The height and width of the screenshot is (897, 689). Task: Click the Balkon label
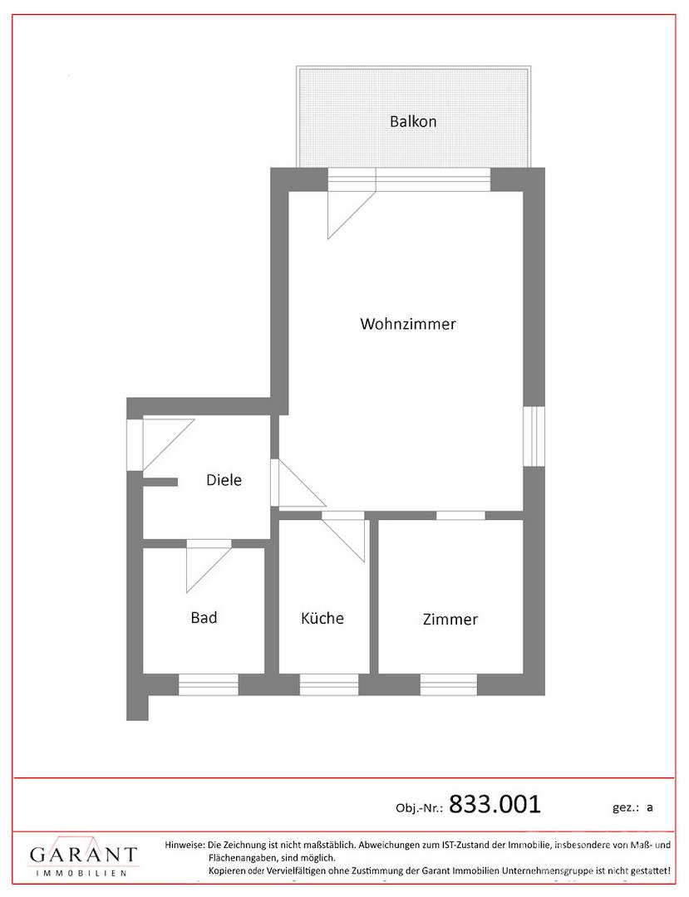tap(413, 121)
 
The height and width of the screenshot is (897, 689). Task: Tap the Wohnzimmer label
tap(408, 324)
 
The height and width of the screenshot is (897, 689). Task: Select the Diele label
tap(224, 480)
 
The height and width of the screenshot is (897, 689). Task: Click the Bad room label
tap(204, 618)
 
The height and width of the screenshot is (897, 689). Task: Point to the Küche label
tap(322, 618)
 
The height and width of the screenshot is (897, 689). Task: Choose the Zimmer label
tap(450, 619)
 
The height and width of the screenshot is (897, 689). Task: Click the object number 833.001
tap(495, 804)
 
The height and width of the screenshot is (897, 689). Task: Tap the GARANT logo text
tap(84, 854)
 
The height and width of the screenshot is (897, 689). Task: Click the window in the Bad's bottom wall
tap(209, 684)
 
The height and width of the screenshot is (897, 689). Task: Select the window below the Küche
tap(329, 684)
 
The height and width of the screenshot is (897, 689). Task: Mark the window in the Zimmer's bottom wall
tap(449, 684)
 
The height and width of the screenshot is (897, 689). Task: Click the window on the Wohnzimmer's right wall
tap(534, 436)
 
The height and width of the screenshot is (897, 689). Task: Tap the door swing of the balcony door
tap(351, 214)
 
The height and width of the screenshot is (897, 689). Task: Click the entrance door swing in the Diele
tap(168, 445)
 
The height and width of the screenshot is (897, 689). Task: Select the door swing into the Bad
tap(209, 570)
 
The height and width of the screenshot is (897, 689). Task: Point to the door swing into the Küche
tap(343, 540)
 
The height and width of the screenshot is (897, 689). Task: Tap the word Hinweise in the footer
tap(185, 845)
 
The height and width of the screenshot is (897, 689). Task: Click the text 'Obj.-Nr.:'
tap(419, 808)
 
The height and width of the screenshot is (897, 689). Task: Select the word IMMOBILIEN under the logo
tap(81, 873)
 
